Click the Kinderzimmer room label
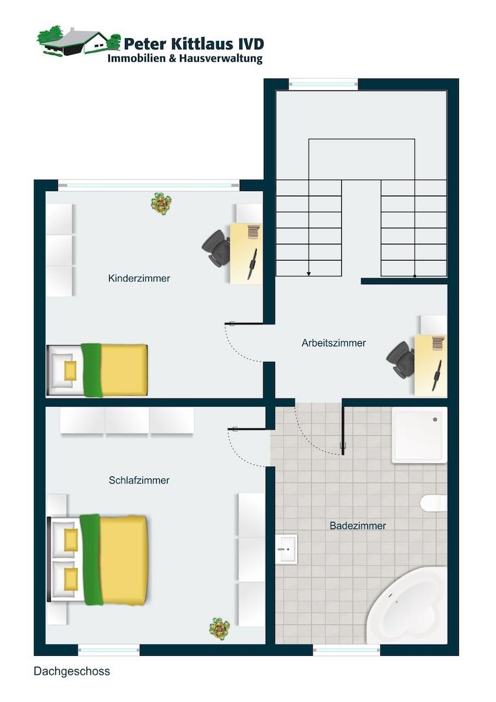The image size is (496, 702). [139, 278]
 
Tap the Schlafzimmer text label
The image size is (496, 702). [139, 480]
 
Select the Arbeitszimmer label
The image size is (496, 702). [333, 343]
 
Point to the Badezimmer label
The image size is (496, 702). [358, 526]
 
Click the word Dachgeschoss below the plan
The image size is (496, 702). [72, 671]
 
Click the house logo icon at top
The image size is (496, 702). [79, 41]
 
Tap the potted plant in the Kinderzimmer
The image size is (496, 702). [161, 203]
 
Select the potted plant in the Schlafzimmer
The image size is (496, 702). [219, 629]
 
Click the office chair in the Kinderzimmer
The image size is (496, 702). [216, 248]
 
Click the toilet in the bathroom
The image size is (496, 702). [434, 502]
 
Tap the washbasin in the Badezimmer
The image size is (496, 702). [287, 549]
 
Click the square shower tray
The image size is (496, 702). [419, 435]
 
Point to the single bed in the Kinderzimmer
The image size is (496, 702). [97, 370]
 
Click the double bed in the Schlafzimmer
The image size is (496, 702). [97, 560]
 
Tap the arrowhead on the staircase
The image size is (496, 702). [308, 273]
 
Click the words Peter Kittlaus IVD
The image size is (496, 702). [194, 44]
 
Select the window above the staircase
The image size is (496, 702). [323, 84]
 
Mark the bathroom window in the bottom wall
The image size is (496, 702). [346, 650]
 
